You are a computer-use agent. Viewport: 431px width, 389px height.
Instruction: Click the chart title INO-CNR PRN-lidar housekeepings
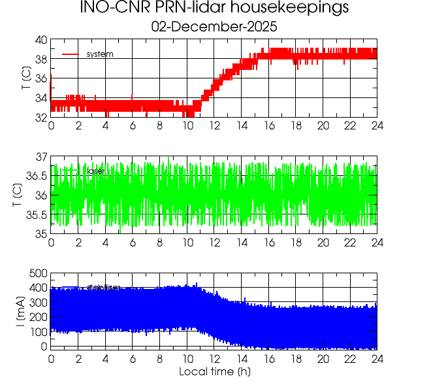[214, 8]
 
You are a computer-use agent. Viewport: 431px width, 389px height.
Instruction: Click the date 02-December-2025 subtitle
[214, 27]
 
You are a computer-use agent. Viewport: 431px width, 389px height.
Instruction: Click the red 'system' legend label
[100, 54]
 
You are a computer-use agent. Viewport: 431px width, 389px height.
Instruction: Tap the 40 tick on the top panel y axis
[40, 40]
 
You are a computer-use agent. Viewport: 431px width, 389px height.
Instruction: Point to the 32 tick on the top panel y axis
[40, 117]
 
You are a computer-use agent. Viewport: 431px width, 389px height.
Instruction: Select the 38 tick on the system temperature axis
[40, 59]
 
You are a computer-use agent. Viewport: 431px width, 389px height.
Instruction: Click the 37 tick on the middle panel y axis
[40, 157]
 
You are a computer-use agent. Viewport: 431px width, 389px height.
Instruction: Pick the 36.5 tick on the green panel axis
[37, 176]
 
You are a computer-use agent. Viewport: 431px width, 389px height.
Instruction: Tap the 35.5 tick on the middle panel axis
[37, 214]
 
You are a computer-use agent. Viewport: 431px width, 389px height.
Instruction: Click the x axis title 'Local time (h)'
[214, 372]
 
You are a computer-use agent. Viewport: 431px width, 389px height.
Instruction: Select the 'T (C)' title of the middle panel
[18, 195]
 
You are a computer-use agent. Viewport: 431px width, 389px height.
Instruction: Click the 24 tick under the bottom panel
[377, 358]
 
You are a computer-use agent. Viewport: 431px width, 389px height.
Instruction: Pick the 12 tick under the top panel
[214, 126]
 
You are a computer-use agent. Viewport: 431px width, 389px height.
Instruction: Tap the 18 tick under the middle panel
[296, 242]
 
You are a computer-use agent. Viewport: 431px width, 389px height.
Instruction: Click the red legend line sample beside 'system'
[71, 54]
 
